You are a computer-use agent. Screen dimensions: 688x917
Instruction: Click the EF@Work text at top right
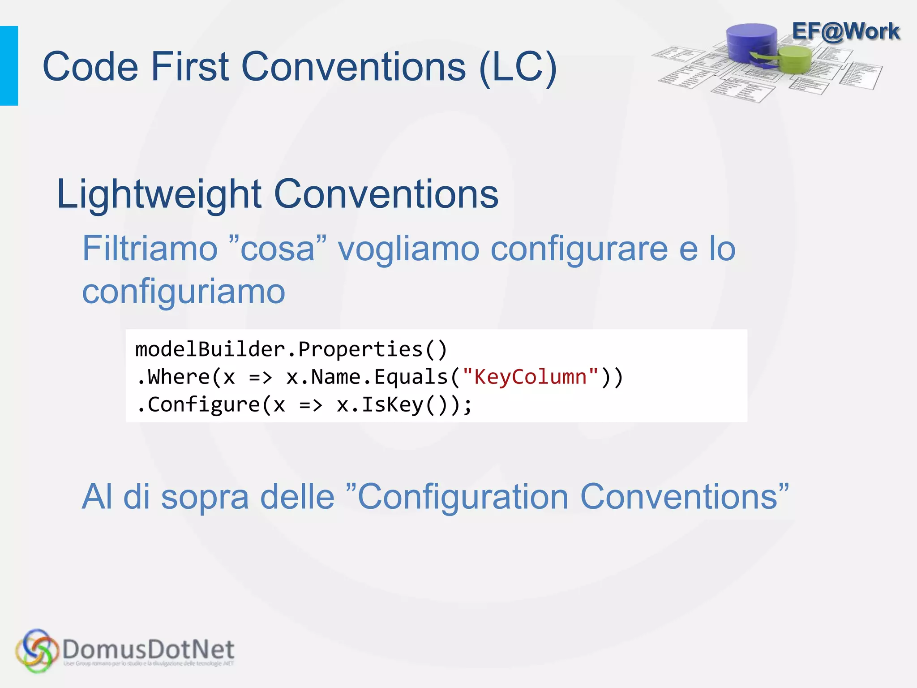pyautogui.click(x=846, y=32)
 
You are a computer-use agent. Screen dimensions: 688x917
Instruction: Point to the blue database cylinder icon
pyautogui.click(x=752, y=43)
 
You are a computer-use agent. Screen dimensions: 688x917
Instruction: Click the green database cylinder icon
pyautogui.click(x=795, y=60)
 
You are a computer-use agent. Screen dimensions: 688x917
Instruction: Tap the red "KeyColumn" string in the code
pyautogui.click(x=530, y=377)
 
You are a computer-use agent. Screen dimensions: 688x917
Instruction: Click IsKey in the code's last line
pyautogui.click(x=392, y=404)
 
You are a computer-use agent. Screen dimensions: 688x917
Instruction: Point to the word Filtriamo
pyautogui.click(x=150, y=249)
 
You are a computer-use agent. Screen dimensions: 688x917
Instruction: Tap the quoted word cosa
pyautogui.click(x=278, y=249)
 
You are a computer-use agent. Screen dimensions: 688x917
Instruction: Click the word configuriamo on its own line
pyautogui.click(x=184, y=291)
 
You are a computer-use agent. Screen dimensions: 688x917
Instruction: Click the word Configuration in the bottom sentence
pyautogui.click(x=463, y=497)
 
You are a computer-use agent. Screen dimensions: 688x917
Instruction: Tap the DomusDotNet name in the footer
pyautogui.click(x=148, y=649)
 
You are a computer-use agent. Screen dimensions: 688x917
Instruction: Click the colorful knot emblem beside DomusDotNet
pyautogui.click(x=37, y=651)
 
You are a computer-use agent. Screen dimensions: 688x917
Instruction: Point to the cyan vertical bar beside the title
pyautogui.click(x=9, y=66)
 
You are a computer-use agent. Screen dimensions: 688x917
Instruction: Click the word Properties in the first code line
pyautogui.click(x=360, y=349)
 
